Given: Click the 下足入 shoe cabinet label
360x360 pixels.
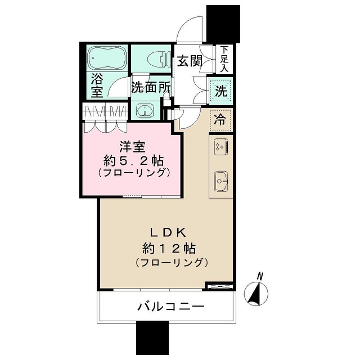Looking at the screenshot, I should click(x=224, y=58).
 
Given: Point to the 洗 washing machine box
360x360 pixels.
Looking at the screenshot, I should click(x=219, y=90).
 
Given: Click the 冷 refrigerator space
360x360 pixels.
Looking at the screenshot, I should click(x=220, y=119).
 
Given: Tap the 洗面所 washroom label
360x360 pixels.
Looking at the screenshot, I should click(x=150, y=88).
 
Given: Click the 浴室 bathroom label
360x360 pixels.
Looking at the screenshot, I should click(x=95, y=84).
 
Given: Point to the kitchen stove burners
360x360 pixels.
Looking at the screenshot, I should click(x=219, y=148).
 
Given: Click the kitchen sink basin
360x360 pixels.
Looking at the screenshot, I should click(x=219, y=181).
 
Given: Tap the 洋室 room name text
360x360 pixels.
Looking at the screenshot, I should click(x=133, y=148).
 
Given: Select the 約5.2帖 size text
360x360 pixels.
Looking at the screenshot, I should click(x=133, y=161).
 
